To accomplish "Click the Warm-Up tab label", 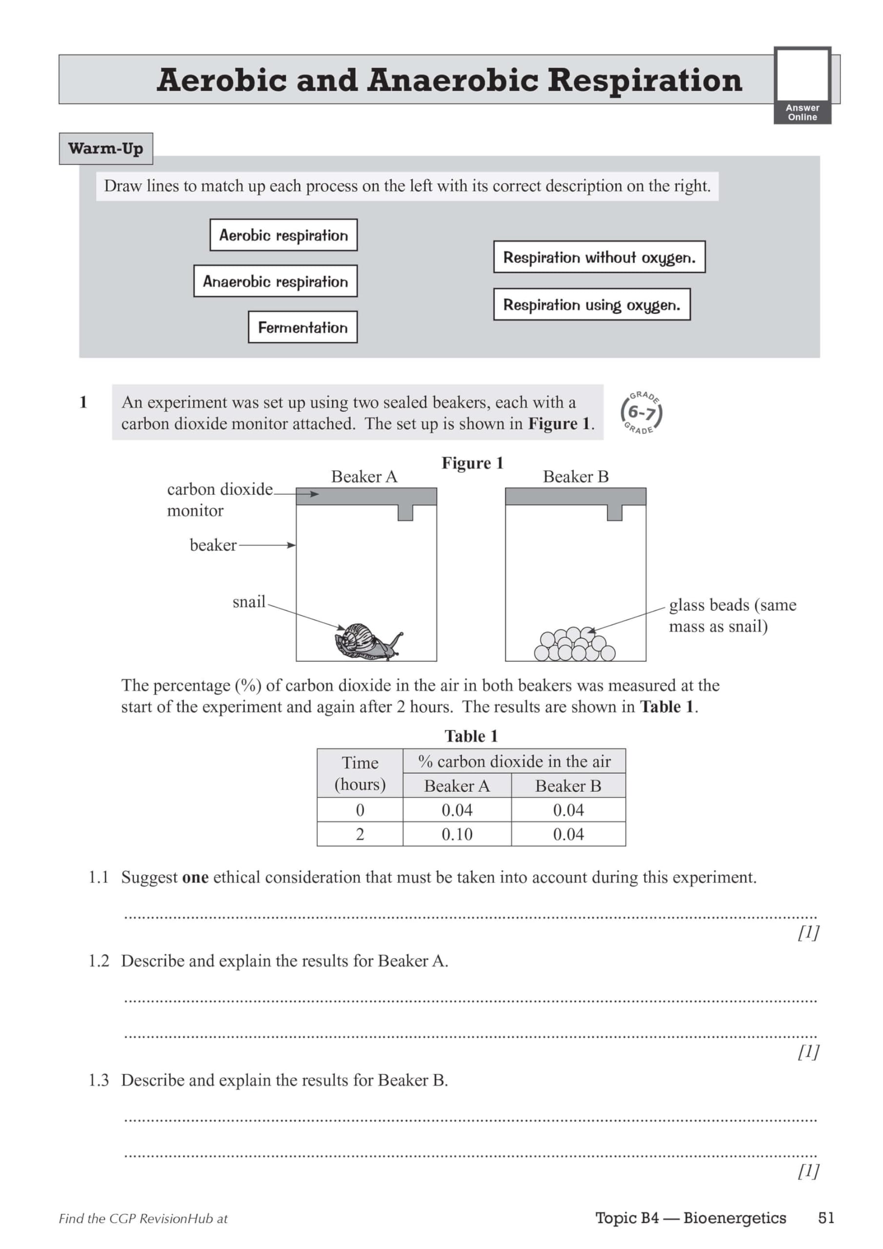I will tap(105, 148).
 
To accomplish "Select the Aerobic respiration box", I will tap(283, 235).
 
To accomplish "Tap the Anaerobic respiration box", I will tap(275, 281).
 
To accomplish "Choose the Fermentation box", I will tap(302, 327).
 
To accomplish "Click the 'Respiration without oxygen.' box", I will tap(599, 257).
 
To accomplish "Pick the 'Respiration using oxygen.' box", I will tap(591, 304).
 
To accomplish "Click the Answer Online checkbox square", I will tap(802, 75).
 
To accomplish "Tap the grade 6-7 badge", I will tap(642, 413).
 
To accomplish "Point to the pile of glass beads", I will tap(574, 645).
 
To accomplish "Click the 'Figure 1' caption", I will tap(472, 463).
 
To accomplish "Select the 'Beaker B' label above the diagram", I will tap(576, 477).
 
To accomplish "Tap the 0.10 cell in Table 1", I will tap(457, 834).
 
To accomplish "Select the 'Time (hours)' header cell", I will tap(360, 773).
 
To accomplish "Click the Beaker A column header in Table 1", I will tap(457, 786).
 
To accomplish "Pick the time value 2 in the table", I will tap(360, 834).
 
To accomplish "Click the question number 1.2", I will tap(99, 961).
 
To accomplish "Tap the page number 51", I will tap(826, 1217).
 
